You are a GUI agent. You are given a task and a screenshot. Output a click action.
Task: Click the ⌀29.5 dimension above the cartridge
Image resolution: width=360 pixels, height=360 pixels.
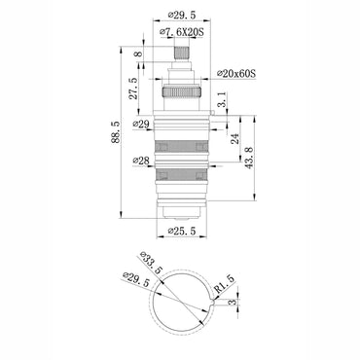click(181, 16)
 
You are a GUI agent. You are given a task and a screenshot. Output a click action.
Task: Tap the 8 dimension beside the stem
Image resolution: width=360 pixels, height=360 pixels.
click(137, 55)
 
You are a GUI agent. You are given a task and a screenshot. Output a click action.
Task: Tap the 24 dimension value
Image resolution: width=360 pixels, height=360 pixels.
click(234, 138)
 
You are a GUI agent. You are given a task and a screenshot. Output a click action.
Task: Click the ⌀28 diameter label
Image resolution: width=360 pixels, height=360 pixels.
click(143, 161)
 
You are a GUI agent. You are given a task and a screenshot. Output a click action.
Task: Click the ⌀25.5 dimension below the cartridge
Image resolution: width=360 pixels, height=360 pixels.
click(183, 232)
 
